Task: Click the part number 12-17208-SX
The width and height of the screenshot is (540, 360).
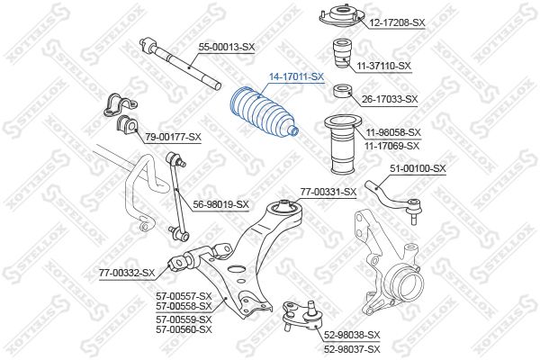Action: coord(397,23)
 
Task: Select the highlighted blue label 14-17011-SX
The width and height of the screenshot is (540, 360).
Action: coord(296,76)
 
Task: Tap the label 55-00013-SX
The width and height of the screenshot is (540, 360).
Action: coord(227,47)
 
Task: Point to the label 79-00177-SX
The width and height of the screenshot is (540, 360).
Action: coord(173,137)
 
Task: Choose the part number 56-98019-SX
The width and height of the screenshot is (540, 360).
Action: coord(220,204)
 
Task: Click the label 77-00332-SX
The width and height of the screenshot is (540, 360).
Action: coord(127,274)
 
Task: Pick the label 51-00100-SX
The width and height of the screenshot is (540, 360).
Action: coord(418,168)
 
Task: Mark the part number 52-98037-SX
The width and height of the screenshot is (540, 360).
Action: coord(352,349)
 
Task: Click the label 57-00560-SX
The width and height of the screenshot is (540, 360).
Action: coord(184,329)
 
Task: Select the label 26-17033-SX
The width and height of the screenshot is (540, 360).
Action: coord(390,100)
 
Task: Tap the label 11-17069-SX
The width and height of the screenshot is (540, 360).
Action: coord(391,146)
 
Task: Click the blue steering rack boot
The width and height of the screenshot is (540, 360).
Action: coord(263,114)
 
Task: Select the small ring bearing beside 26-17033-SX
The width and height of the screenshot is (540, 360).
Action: coord(343,91)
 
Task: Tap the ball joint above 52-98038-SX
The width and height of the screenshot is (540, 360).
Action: coord(302,315)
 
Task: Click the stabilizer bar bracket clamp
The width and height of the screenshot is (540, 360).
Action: coord(121,105)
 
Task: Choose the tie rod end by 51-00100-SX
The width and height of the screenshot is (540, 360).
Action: coord(392,201)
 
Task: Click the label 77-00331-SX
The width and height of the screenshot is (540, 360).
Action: coord(328,192)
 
